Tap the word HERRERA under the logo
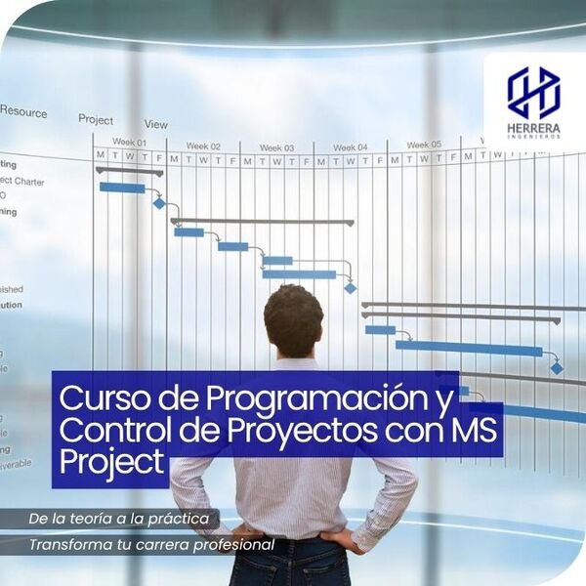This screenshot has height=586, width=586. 533,128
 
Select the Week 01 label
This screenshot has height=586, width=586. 129,143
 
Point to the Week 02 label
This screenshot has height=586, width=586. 203,146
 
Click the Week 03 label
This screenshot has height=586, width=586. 276,147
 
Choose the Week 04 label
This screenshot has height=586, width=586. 350,147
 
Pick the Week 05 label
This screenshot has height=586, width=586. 424,145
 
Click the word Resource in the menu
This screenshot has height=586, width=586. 22,112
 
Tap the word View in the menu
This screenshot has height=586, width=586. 156,124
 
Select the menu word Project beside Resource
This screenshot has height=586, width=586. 96,119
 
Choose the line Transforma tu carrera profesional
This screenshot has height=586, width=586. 151,544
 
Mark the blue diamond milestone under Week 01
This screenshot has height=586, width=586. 159,203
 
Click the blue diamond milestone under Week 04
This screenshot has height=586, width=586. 350,288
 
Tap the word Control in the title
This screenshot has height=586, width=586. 107,430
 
